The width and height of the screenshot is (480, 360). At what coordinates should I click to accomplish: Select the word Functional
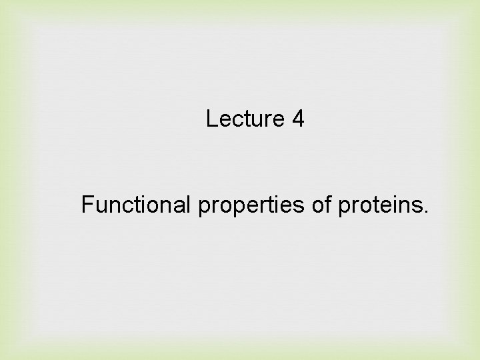[x=137, y=205]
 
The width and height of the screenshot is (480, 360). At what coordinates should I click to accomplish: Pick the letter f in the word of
[x=330, y=205]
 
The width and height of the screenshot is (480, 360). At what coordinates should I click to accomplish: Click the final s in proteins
[x=419, y=207]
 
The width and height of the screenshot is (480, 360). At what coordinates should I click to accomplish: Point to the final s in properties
[x=305, y=207]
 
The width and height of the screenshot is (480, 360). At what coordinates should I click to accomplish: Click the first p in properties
[x=203, y=209]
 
